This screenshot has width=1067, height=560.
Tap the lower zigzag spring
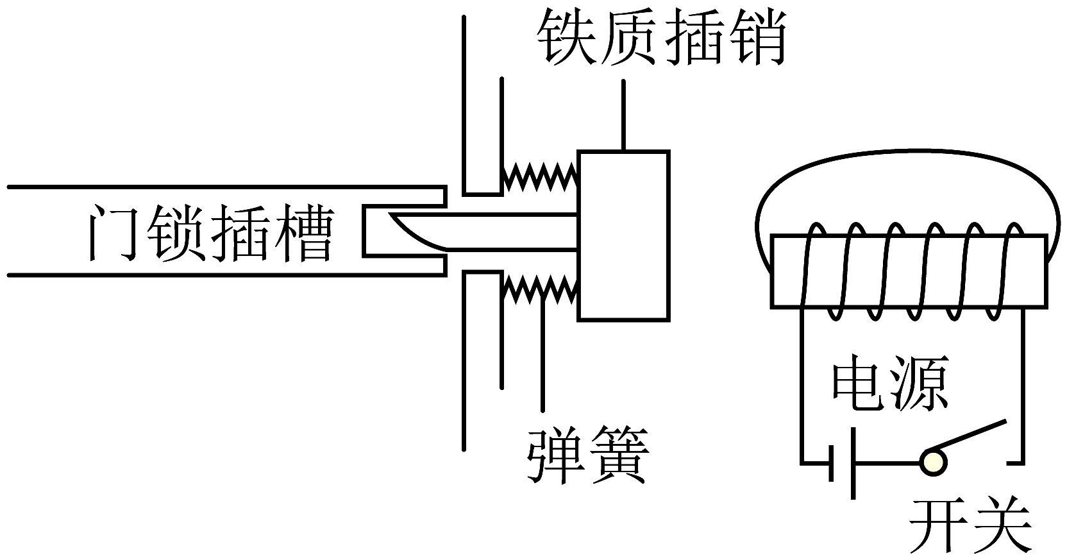tap(540, 288)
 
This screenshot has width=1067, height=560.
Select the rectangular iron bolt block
tap(623, 235)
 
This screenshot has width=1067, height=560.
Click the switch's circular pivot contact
tap(932, 461)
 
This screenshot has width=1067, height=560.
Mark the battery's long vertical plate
tap(852, 462)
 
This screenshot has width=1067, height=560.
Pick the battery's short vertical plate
tap(832, 462)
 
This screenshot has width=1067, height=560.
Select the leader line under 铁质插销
tap(623, 115)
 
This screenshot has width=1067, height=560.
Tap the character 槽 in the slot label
tap(303, 232)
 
